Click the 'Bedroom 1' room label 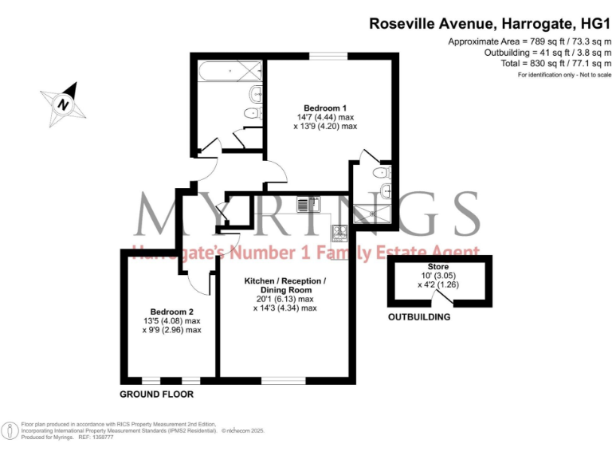[x=325, y=108]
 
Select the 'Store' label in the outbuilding [x=438, y=267]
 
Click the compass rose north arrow [x=62, y=103]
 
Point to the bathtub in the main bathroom [x=227, y=72]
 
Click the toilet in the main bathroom [x=256, y=94]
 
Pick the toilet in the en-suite [x=382, y=172]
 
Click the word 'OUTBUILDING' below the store [x=419, y=317]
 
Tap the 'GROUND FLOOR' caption [x=156, y=394]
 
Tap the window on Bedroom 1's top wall [x=328, y=55]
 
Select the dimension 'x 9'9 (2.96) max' [x=171, y=330]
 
